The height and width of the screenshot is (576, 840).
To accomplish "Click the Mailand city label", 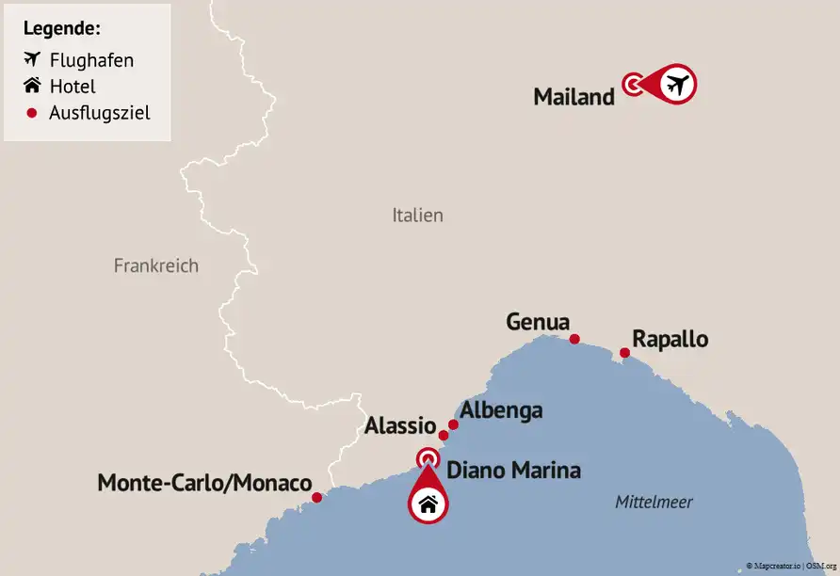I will (x=573, y=97).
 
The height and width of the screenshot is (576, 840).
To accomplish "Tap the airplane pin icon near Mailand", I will (x=676, y=85).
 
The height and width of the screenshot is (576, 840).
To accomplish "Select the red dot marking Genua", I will (x=574, y=340).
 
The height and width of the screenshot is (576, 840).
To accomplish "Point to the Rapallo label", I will (x=670, y=339).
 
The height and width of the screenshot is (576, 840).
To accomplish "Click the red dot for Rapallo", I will (x=624, y=354).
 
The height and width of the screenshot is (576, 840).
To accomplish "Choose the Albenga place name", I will (x=501, y=411).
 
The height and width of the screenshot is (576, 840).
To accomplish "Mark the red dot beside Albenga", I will (x=453, y=424).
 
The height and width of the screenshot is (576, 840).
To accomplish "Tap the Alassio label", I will (x=399, y=425).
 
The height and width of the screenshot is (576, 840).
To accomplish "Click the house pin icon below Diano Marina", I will (x=428, y=503).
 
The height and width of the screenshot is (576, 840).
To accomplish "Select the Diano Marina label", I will (x=513, y=470).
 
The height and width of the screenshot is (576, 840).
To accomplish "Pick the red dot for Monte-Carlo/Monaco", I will (x=317, y=497).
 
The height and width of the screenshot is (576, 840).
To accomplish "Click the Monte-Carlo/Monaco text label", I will (x=204, y=484).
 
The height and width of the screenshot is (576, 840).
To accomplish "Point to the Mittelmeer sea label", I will (x=654, y=503).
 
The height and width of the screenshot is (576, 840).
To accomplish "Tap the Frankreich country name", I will (x=156, y=265).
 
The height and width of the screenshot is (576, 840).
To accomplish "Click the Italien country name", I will (x=417, y=216).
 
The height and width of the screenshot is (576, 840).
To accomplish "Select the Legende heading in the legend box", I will (x=62, y=28).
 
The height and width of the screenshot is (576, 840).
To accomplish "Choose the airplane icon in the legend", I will (x=33, y=60).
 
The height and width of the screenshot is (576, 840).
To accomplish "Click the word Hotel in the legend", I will (x=73, y=87).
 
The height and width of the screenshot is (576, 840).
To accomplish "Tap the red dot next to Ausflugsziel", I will (x=32, y=113).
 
